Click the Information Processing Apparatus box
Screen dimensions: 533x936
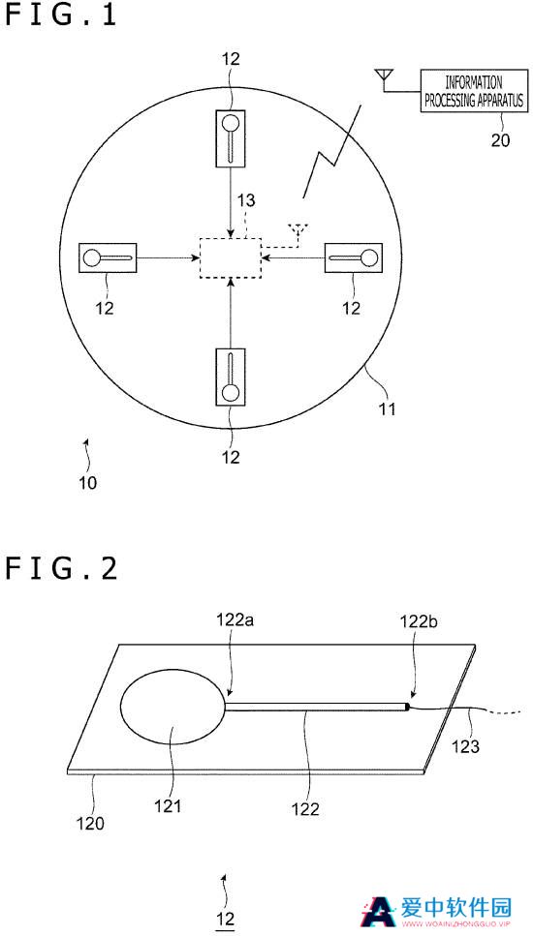click(x=475, y=91)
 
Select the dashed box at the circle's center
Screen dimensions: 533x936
click(x=231, y=257)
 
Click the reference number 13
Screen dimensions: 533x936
click(x=244, y=200)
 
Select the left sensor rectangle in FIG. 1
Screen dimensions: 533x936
click(x=109, y=257)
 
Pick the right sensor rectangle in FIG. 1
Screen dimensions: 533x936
click(x=353, y=257)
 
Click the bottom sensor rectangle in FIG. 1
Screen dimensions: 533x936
click(x=230, y=377)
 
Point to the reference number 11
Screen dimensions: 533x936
click(x=387, y=409)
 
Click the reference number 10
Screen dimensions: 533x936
click(x=88, y=483)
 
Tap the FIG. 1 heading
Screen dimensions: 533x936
click(x=60, y=15)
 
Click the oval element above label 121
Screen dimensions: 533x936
click(x=173, y=708)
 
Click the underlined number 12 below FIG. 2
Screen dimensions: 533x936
click(x=225, y=918)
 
